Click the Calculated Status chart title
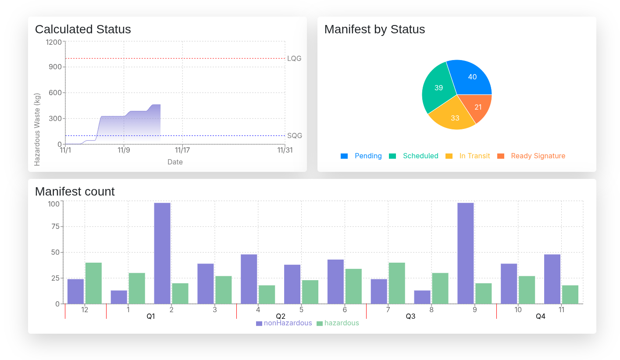click(83, 29)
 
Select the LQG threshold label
click(294, 58)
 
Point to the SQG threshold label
click(294, 135)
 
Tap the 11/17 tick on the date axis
click(182, 150)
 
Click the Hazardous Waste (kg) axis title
click(37, 129)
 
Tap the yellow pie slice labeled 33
click(454, 115)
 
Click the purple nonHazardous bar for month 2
click(162, 253)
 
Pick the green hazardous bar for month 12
click(93, 283)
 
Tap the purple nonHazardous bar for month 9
click(466, 253)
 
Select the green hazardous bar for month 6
click(353, 286)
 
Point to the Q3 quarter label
click(410, 316)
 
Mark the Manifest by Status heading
click(374, 29)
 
